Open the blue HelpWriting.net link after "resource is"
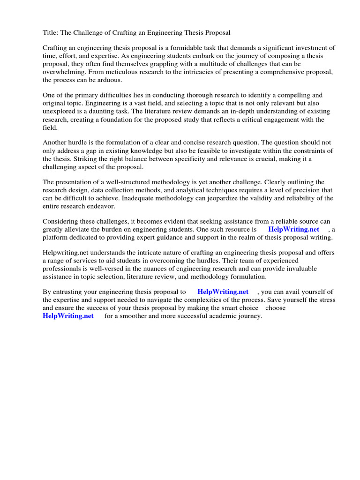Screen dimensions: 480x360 [x=293, y=230]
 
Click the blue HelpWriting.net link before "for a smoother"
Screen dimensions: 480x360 [x=68, y=316]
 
